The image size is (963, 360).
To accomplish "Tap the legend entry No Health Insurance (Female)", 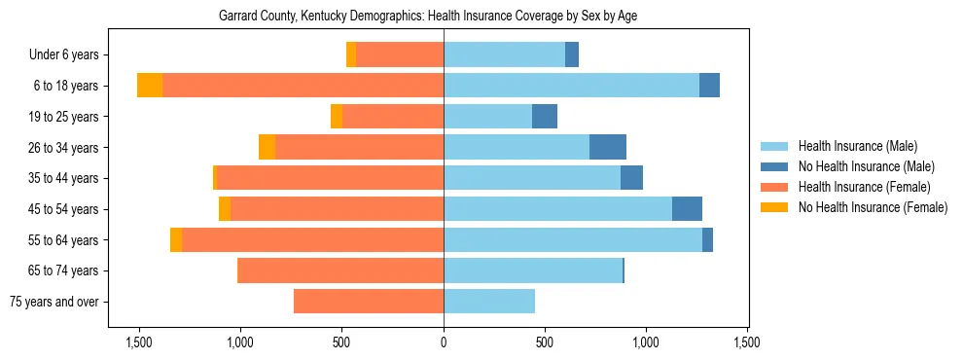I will point(873,207).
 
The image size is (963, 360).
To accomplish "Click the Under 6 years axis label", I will point(69,55).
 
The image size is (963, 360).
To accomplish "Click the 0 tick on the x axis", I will point(444,342).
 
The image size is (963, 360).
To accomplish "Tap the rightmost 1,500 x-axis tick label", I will point(747,342).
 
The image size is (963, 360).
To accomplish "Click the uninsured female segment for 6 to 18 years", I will point(150,86).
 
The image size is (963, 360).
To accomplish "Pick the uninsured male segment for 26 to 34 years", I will point(608,147).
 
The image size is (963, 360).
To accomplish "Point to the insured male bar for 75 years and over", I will point(489,302).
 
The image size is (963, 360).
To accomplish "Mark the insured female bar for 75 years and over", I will point(369,302).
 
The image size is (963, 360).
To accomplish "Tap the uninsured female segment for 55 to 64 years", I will point(176,240).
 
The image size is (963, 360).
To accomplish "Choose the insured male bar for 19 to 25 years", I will point(487,117).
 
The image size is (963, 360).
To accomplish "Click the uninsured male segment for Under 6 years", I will point(572,55).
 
